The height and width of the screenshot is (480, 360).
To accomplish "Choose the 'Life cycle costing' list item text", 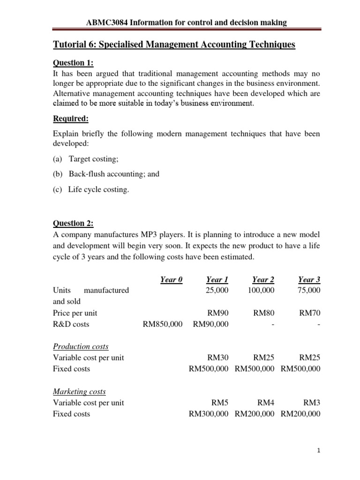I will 98,189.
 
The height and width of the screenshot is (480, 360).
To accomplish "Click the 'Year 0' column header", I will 171,280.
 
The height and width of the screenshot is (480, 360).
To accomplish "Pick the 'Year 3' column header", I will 309,280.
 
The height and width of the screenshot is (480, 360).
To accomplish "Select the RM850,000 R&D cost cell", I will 162,324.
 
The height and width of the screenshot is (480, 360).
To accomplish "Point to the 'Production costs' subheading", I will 80,346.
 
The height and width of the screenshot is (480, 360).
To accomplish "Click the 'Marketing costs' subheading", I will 79,391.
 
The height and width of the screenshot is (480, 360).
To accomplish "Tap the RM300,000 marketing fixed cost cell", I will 208,414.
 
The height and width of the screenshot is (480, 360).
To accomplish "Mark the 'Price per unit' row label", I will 75,313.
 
